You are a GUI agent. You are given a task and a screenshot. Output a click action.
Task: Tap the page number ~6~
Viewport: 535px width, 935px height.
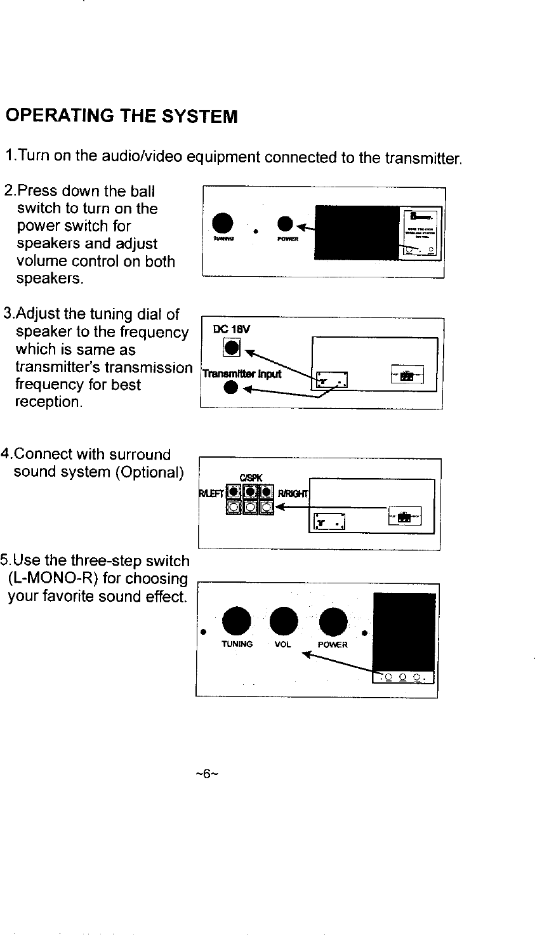click(207, 774)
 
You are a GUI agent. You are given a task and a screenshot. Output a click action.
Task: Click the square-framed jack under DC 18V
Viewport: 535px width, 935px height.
click(232, 347)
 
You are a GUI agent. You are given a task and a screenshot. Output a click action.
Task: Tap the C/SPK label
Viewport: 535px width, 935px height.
click(247, 477)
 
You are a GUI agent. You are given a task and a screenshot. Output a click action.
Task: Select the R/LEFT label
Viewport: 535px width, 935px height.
click(212, 493)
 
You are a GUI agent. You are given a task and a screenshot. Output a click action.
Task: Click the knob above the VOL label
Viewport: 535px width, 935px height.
click(284, 621)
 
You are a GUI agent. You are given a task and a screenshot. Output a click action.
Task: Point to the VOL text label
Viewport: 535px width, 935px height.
click(283, 644)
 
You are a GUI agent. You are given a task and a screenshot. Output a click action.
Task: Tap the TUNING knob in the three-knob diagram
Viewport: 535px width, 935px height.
click(237, 621)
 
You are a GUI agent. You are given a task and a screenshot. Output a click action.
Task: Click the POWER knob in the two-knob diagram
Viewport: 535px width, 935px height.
click(286, 223)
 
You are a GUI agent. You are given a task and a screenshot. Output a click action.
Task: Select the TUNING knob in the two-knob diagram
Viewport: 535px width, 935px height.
click(222, 222)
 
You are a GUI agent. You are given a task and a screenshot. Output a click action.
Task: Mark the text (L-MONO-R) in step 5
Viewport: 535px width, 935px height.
click(53, 579)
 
